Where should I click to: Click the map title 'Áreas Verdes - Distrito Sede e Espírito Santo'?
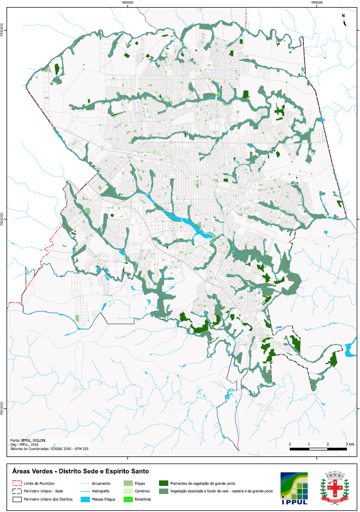coord(80,471)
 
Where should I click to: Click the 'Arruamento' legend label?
coord(102,483)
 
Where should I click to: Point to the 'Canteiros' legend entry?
coord(143,491)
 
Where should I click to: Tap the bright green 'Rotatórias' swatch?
coord(127,499)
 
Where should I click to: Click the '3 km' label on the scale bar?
coord(350,444)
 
